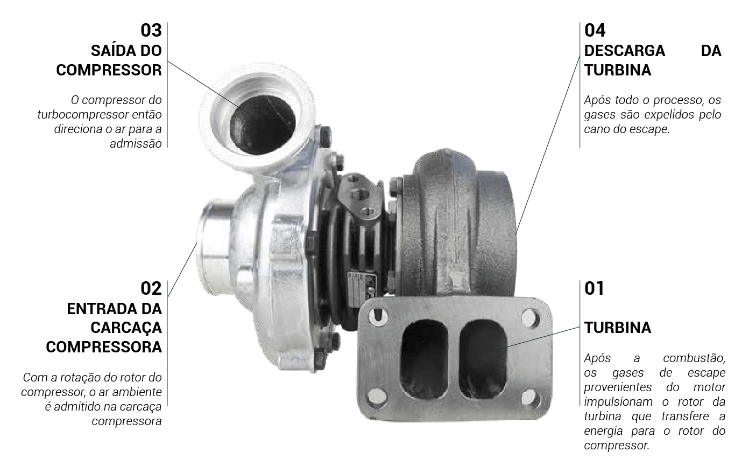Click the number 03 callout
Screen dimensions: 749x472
[151, 30]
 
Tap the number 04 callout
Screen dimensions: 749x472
[595, 30]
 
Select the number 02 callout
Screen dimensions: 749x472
[151, 288]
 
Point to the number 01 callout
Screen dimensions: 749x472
[594, 288]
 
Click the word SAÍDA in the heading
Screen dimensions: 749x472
[110, 51]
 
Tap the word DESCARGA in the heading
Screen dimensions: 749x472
[625, 51]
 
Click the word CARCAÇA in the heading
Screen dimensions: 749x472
[126, 328]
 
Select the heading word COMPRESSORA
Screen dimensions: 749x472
[104, 347]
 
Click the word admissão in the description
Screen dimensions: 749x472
[136, 143]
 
